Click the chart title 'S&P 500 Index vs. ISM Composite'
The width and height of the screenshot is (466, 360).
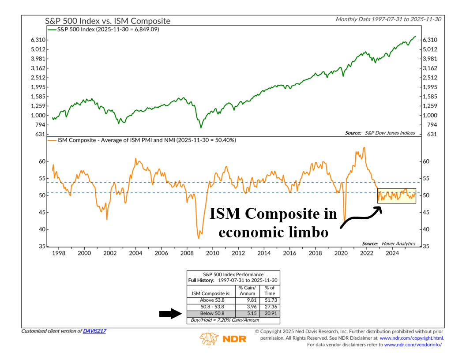click(107, 21)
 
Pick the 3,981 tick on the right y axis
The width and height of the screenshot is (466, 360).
click(430, 59)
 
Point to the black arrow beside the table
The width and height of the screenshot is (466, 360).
click(171, 314)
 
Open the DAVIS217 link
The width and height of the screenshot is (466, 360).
click(94, 331)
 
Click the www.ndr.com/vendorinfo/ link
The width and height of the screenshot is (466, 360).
click(413, 345)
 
